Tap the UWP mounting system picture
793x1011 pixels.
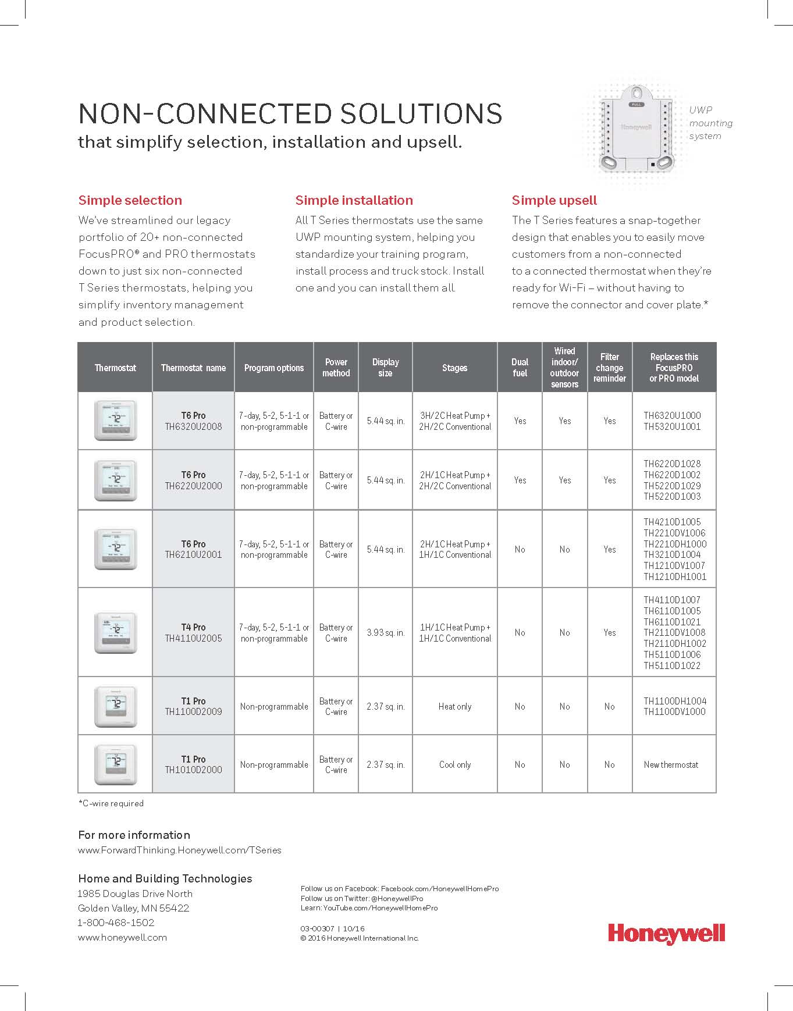[x=636, y=130]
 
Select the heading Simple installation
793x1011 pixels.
[x=354, y=201]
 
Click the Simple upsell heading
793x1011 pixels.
[x=554, y=201]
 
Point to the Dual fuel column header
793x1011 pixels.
[x=520, y=368]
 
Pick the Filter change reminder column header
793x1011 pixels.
[x=609, y=368]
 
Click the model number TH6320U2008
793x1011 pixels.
[x=193, y=426]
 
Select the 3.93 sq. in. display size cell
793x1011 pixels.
[x=385, y=632]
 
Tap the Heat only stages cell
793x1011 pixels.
[x=454, y=706]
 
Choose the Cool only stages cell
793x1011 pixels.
[x=454, y=764]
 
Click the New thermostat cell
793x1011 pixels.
[x=671, y=764]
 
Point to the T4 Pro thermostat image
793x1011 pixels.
[x=115, y=632]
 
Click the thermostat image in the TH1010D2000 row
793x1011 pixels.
[x=115, y=764]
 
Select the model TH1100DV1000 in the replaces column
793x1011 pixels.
[x=674, y=711]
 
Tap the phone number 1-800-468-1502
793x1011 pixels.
[x=116, y=923]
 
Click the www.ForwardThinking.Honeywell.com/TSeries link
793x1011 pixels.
[x=179, y=850]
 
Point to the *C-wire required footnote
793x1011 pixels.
[x=111, y=803]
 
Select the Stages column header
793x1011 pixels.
[x=454, y=368]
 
